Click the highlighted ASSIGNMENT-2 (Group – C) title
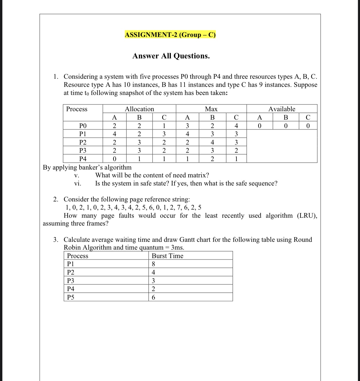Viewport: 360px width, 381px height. click(170, 35)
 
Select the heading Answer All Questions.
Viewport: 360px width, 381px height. click(171, 56)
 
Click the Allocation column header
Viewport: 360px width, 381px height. click(139, 109)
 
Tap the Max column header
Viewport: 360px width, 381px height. click(211, 109)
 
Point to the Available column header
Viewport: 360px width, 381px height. click(281, 109)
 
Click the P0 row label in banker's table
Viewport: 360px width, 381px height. click(83, 126)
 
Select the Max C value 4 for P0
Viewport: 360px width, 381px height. click(236, 126)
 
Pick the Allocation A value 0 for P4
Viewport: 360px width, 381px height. click(114, 159)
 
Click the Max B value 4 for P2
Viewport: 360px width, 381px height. click(212, 142)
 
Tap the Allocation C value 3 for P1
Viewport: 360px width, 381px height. click(164, 134)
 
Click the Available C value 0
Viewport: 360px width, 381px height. click(308, 126)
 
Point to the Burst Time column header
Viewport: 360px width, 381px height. click(167, 256)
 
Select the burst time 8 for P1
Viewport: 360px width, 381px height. click(153, 264)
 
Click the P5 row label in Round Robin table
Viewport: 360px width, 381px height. click(70, 297)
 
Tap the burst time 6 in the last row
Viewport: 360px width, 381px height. click(153, 297)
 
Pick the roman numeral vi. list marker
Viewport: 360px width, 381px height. click(77, 183)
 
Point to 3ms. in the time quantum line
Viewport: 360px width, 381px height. click(178, 248)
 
